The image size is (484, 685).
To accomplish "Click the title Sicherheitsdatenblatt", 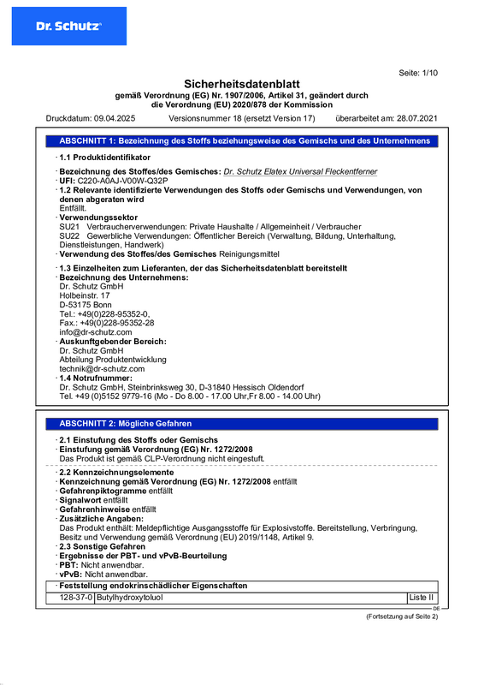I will (x=242, y=84).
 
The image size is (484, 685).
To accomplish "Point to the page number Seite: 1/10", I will (x=418, y=73).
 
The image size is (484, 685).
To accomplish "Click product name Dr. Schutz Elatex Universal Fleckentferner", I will (x=299, y=171).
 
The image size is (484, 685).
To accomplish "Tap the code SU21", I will (x=69, y=226).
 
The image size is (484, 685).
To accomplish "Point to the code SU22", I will (x=69, y=235).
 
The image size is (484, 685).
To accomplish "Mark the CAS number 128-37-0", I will (x=77, y=597).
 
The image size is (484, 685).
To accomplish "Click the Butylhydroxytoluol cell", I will (x=129, y=597).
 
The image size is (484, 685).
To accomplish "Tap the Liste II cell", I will (x=422, y=597).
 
